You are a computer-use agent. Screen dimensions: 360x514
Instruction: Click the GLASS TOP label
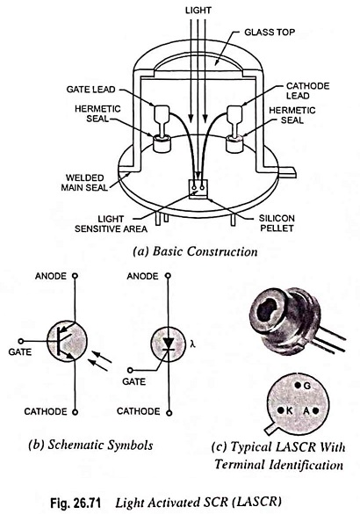[x=270, y=33]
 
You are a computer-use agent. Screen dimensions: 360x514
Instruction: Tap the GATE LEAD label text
[x=90, y=89]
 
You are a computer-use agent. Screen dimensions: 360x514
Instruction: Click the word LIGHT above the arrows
[x=198, y=11]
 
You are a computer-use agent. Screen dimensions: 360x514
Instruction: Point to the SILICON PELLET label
[x=277, y=223]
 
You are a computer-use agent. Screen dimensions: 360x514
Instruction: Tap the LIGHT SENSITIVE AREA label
[x=111, y=224]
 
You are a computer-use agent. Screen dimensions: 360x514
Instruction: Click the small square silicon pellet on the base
[x=198, y=189]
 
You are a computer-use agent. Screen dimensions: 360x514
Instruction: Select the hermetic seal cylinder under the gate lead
[x=162, y=143]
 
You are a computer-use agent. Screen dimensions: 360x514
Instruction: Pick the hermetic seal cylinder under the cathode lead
[x=234, y=143]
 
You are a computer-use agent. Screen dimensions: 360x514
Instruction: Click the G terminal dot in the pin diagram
[x=298, y=386]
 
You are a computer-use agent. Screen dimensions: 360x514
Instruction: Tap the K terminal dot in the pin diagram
[x=281, y=410]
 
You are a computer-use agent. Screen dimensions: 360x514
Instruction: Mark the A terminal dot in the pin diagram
[x=315, y=410]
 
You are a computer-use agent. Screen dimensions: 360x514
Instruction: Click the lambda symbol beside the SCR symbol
[x=193, y=344]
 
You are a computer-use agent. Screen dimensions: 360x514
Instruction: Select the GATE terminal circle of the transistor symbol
[x=21, y=341]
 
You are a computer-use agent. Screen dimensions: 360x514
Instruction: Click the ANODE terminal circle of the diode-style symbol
[x=169, y=276]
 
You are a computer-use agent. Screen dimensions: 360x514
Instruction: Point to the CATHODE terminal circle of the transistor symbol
[x=75, y=412]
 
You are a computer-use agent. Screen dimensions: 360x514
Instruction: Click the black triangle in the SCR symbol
[x=169, y=344]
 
